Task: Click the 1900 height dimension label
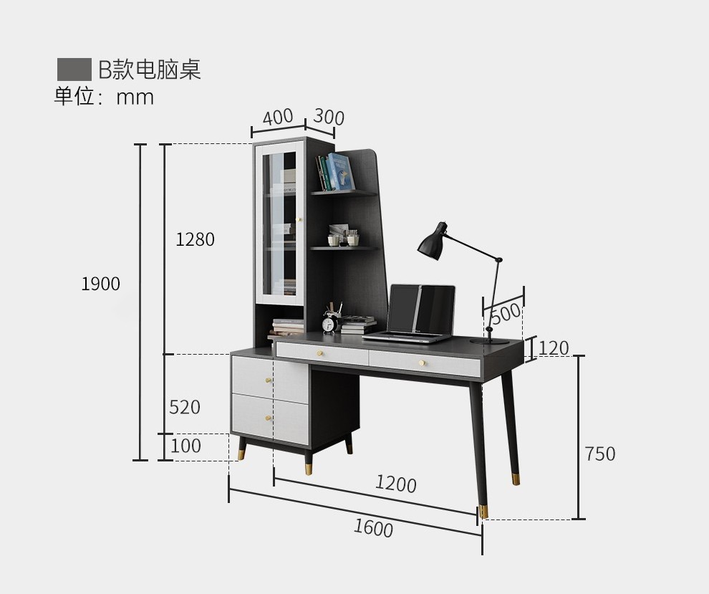coord(100,284)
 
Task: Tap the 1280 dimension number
coord(195,240)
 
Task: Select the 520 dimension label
coord(185,408)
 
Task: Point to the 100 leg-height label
coord(185,446)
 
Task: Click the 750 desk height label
coord(599,454)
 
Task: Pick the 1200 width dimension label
coord(395,484)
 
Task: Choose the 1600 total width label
coord(373,528)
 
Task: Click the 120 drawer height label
coord(554,349)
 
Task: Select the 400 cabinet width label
coord(277,117)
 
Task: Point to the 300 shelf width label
coord(329,117)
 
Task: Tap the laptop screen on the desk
coord(423,310)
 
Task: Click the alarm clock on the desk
coord(329,323)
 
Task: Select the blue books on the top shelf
coord(338,172)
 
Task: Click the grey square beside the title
coord(74,70)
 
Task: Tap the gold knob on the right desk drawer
coord(423,363)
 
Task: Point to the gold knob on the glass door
coord(300,219)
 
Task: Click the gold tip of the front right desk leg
coord(483,511)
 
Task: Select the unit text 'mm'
coord(135,97)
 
